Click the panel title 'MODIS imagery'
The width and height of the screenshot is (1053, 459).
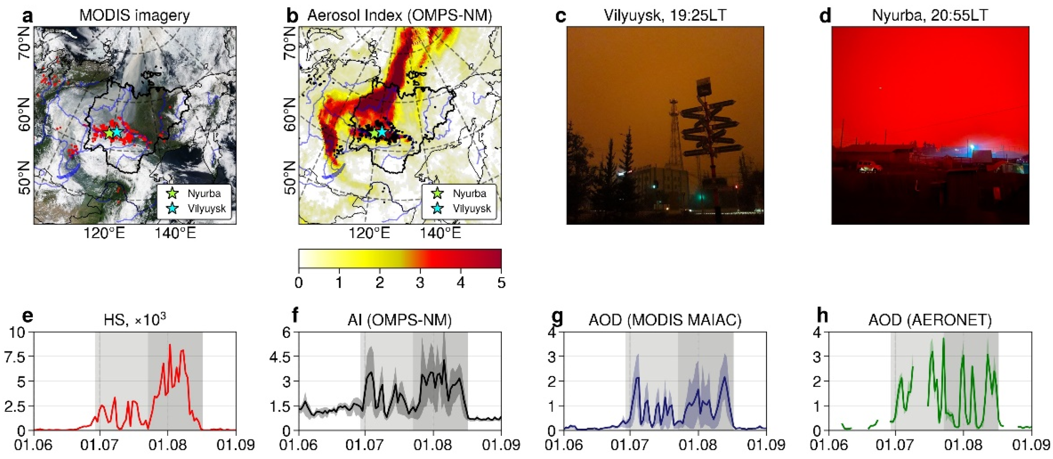tap(135, 15)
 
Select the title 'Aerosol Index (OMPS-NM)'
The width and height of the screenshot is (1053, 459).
tap(399, 15)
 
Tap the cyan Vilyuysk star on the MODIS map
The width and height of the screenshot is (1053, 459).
tap(117, 132)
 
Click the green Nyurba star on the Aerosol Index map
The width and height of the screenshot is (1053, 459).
tap(374, 133)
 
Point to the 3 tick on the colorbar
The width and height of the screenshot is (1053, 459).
tap(420, 282)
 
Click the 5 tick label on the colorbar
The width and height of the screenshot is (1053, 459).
tap(501, 282)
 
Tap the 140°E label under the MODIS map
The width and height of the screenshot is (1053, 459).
tap(175, 233)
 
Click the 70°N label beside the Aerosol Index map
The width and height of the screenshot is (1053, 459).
tap(290, 43)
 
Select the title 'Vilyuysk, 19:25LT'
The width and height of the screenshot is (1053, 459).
tap(665, 15)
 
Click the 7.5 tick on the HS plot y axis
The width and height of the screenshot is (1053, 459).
tap(14, 357)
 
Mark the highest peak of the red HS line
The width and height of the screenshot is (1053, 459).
tap(170, 345)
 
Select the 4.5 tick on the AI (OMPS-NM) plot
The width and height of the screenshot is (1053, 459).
tap(280, 357)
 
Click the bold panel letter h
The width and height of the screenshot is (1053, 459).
tap(822, 316)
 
